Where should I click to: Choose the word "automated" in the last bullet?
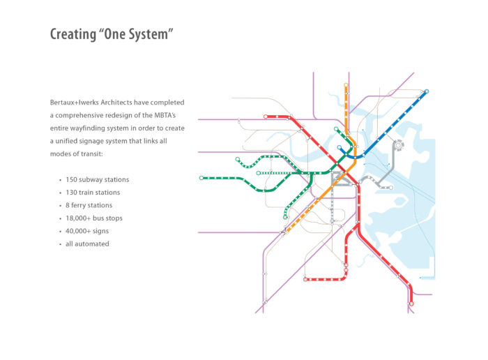coord(96,243)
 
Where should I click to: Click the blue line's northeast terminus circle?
coord(426,91)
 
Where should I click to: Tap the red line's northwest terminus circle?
coord(266,117)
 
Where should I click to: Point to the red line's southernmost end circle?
coord(411,303)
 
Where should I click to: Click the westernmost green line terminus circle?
coord(201,178)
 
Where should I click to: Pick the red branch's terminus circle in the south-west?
coord(305,279)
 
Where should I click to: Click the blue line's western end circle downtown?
coord(340,148)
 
